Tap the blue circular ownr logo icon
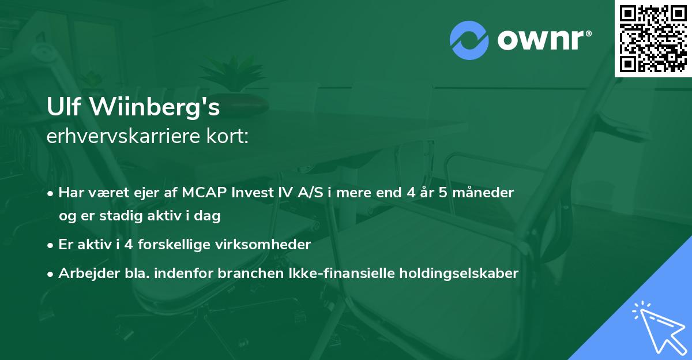(469, 40)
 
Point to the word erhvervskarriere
(119, 137)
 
